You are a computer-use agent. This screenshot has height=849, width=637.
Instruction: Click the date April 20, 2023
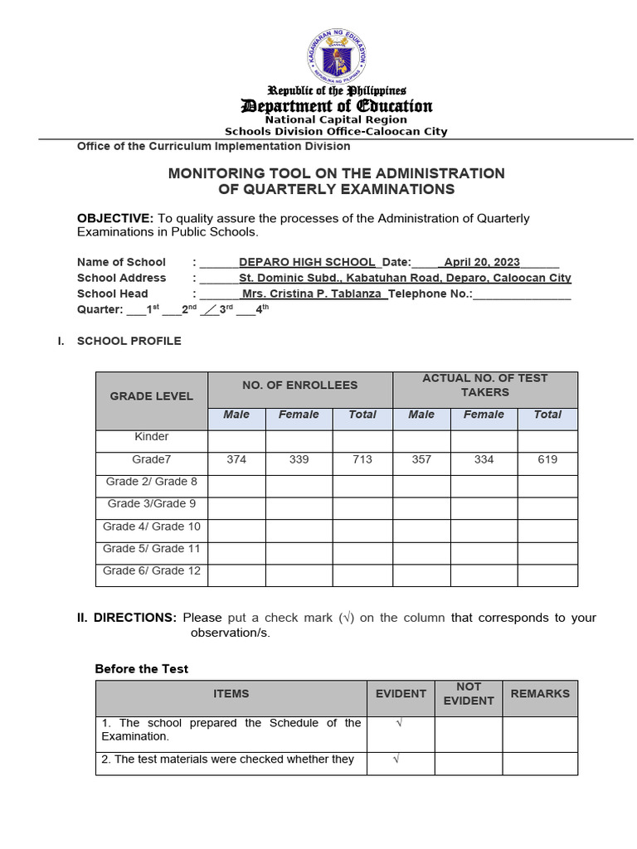point(482,262)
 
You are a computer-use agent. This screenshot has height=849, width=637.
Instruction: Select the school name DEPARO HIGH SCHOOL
point(307,262)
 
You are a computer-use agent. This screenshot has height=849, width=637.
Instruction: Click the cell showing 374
point(236,459)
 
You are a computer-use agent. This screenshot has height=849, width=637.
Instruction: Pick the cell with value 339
point(299,459)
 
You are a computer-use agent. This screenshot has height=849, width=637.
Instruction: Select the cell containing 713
point(362,459)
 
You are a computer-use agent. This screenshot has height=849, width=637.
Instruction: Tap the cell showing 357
point(421,459)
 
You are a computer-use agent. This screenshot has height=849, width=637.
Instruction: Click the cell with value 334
point(484,459)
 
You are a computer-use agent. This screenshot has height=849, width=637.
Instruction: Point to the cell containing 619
point(547,459)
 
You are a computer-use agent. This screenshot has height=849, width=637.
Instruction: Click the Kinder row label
point(151,437)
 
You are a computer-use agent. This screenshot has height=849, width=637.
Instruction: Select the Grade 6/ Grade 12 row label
point(151,570)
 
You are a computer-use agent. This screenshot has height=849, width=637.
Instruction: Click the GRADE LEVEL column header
point(151,396)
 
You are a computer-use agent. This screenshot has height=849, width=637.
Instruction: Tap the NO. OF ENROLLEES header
point(299,385)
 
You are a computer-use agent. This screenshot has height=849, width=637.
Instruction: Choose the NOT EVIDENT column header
point(469,694)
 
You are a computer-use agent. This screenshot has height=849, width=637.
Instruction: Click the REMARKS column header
point(540,693)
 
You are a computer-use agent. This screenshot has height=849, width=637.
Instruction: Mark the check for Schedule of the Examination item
point(400,724)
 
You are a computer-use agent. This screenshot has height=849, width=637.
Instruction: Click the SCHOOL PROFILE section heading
point(129,341)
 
